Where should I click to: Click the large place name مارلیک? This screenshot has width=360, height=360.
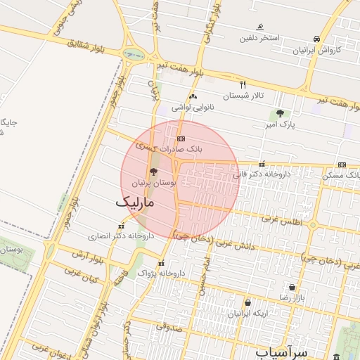[136, 202]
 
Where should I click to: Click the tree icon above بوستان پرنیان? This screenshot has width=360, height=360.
[153, 171]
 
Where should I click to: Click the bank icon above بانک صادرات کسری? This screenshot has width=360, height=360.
[181, 139]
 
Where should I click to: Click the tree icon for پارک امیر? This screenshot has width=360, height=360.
[280, 112]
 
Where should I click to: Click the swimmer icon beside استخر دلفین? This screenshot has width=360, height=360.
[260, 27]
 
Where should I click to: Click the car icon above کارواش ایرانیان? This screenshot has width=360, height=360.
[317, 39]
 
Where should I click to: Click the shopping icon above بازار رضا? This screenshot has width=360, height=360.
[292, 287]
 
